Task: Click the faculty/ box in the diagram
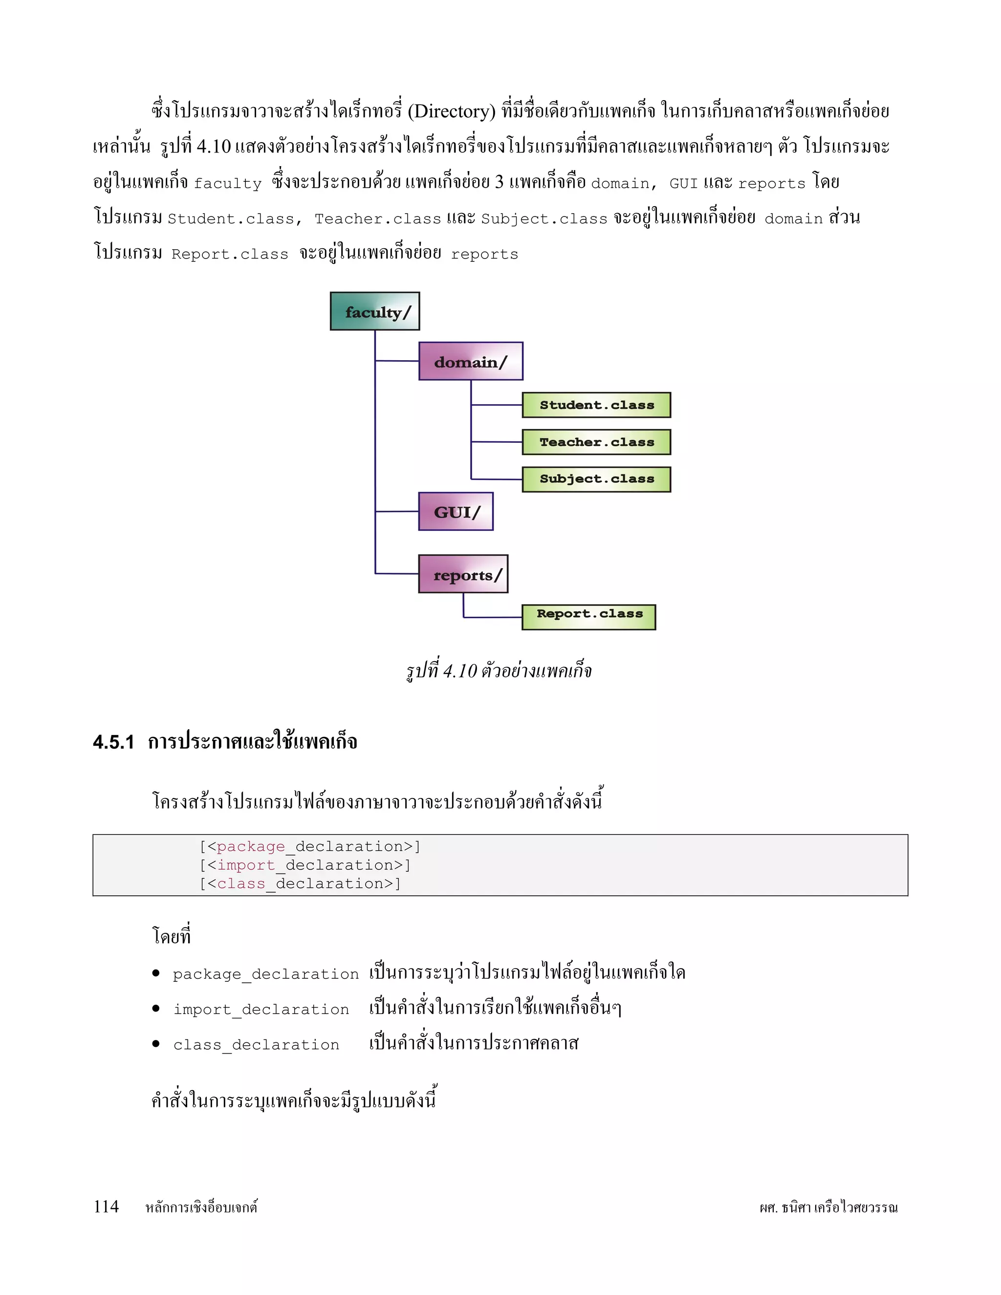[x=375, y=311]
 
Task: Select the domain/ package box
[x=471, y=361]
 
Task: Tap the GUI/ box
[x=456, y=511]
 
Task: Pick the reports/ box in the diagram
[x=463, y=574]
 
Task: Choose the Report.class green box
[x=589, y=617]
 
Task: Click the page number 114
[x=106, y=1207]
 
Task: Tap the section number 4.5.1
[x=113, y=742]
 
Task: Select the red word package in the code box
[x=251, y=847]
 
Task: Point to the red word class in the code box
[x=241, y=884]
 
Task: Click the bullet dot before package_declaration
[x=156, y=973]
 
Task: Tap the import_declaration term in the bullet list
[x=261, y=1010]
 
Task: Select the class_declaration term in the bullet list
[x=256, y=1045]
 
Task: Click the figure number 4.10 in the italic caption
[x=460, y=670]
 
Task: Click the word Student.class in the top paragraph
[x=231, y=219]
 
